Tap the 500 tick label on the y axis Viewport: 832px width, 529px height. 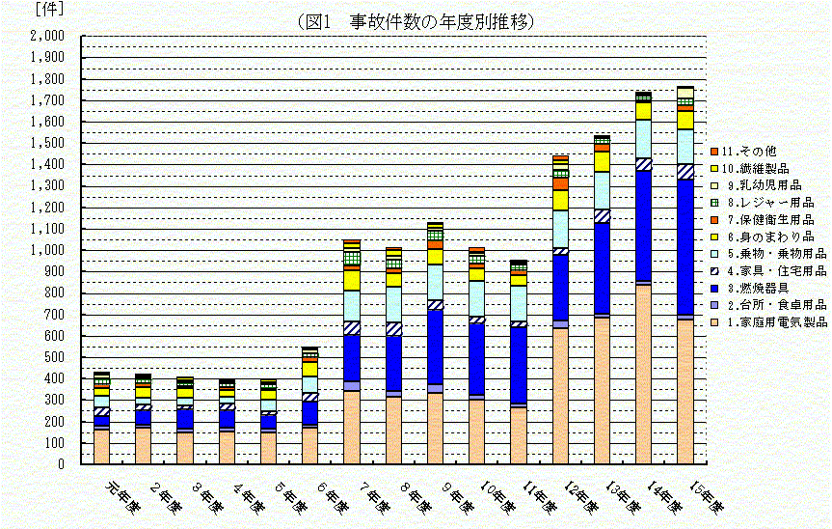(x=53, y=357)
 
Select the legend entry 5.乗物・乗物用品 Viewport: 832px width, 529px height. (x=767, y=254)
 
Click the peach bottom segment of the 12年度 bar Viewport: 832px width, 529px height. (x=560, y=396)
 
